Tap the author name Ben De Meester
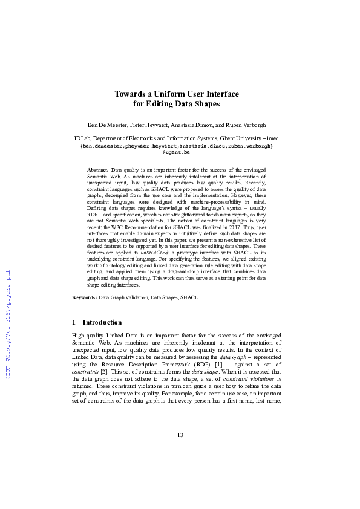[108, 125]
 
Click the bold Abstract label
[98, 170]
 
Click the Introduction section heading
[102, 322]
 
